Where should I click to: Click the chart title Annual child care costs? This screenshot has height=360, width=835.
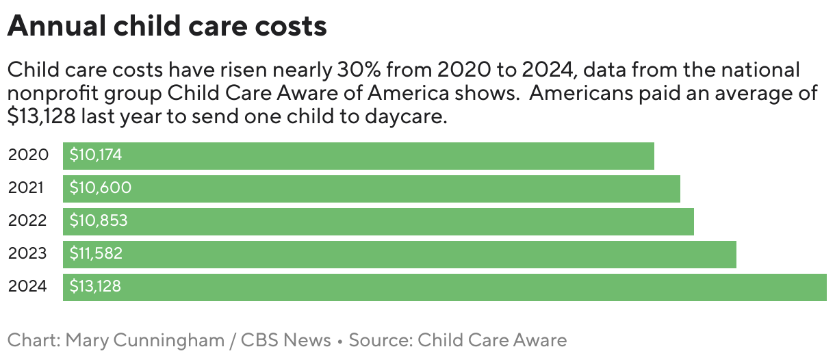click(167, 27)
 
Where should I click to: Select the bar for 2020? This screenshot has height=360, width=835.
click(358, 156)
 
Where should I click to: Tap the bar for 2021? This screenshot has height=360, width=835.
click(371, 189)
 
